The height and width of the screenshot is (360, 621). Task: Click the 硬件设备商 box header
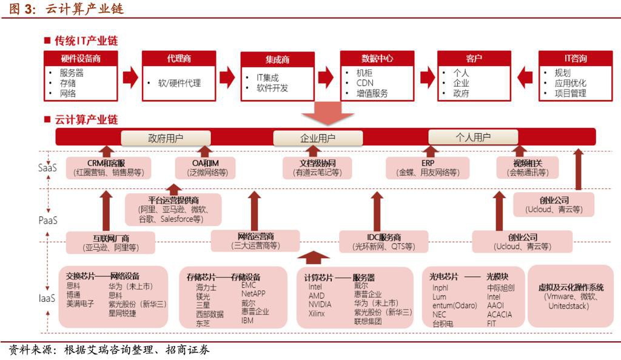[81, 59]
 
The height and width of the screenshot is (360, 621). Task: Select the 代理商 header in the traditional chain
[179, 59]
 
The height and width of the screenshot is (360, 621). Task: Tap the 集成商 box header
[277, 59]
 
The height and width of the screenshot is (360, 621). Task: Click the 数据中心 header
[377, 59]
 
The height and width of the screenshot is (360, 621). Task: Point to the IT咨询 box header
[575, 59]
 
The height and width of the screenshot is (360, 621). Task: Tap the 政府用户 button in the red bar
[166, 138]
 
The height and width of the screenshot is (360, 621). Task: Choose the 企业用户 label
[318, 138]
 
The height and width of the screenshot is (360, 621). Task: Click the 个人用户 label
[473, 137]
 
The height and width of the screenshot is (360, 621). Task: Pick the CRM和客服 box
[107, 167]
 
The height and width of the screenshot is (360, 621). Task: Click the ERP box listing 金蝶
[428, 167]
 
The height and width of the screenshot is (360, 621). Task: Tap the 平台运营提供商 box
[173, 209]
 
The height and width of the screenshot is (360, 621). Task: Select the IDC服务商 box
[384, 241]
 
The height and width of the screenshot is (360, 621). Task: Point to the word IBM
[249, 320]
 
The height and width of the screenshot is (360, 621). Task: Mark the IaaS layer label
[48, 298]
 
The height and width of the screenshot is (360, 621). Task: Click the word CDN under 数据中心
[365, 83]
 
